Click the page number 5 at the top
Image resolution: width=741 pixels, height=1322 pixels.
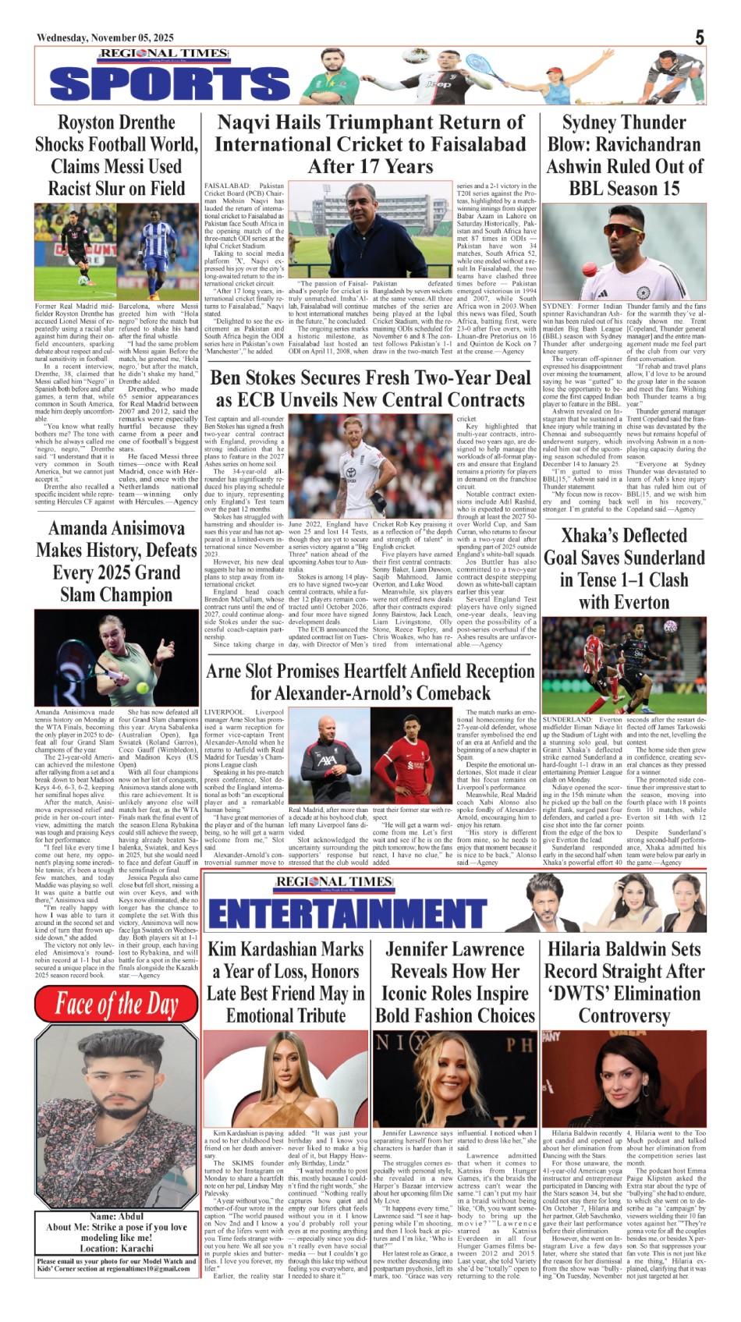pyautogui.click(x=700, y=37)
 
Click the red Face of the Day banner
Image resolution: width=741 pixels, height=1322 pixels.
pyautogui.click(x=116, y=1005)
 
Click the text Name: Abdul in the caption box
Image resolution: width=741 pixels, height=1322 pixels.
pyautogui.click(x=116, y=1216)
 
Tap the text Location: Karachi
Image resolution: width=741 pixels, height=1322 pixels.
pyautogui.click(x=116, y=1248)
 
